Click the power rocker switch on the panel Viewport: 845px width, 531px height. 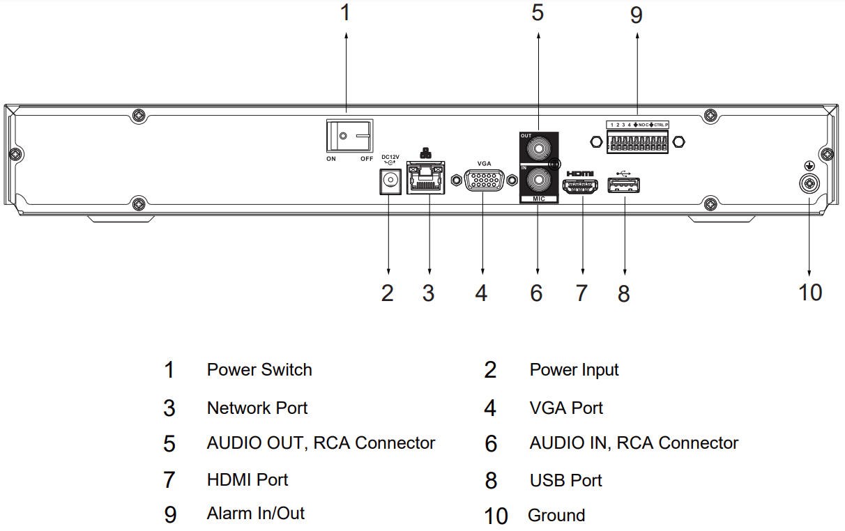[x=350, y=137]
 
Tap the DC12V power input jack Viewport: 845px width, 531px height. [x=389, y=183]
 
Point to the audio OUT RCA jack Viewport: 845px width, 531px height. [x=538, y=148]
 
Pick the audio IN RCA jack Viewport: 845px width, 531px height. [x=538, y=181]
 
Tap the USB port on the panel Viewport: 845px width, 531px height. [x=625, y=185]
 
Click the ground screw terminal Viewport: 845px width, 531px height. [x=809, y=184]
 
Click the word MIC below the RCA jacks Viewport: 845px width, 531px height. [x=538, y=199]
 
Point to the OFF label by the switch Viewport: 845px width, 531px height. [x=367, y=159]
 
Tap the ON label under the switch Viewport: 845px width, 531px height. [x=332, y=159]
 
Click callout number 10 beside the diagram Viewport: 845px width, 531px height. [x=810, y=292]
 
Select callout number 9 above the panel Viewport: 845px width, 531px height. [x=636, y=15]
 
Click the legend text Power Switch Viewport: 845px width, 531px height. [x=259, y=369]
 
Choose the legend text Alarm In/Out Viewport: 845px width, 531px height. [x=256, y=514]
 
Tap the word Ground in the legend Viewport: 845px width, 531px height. [x=556, y=516]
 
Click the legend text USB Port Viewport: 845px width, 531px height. [x=565, y=480]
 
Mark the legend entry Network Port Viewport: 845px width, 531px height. [x=257, y=408]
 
